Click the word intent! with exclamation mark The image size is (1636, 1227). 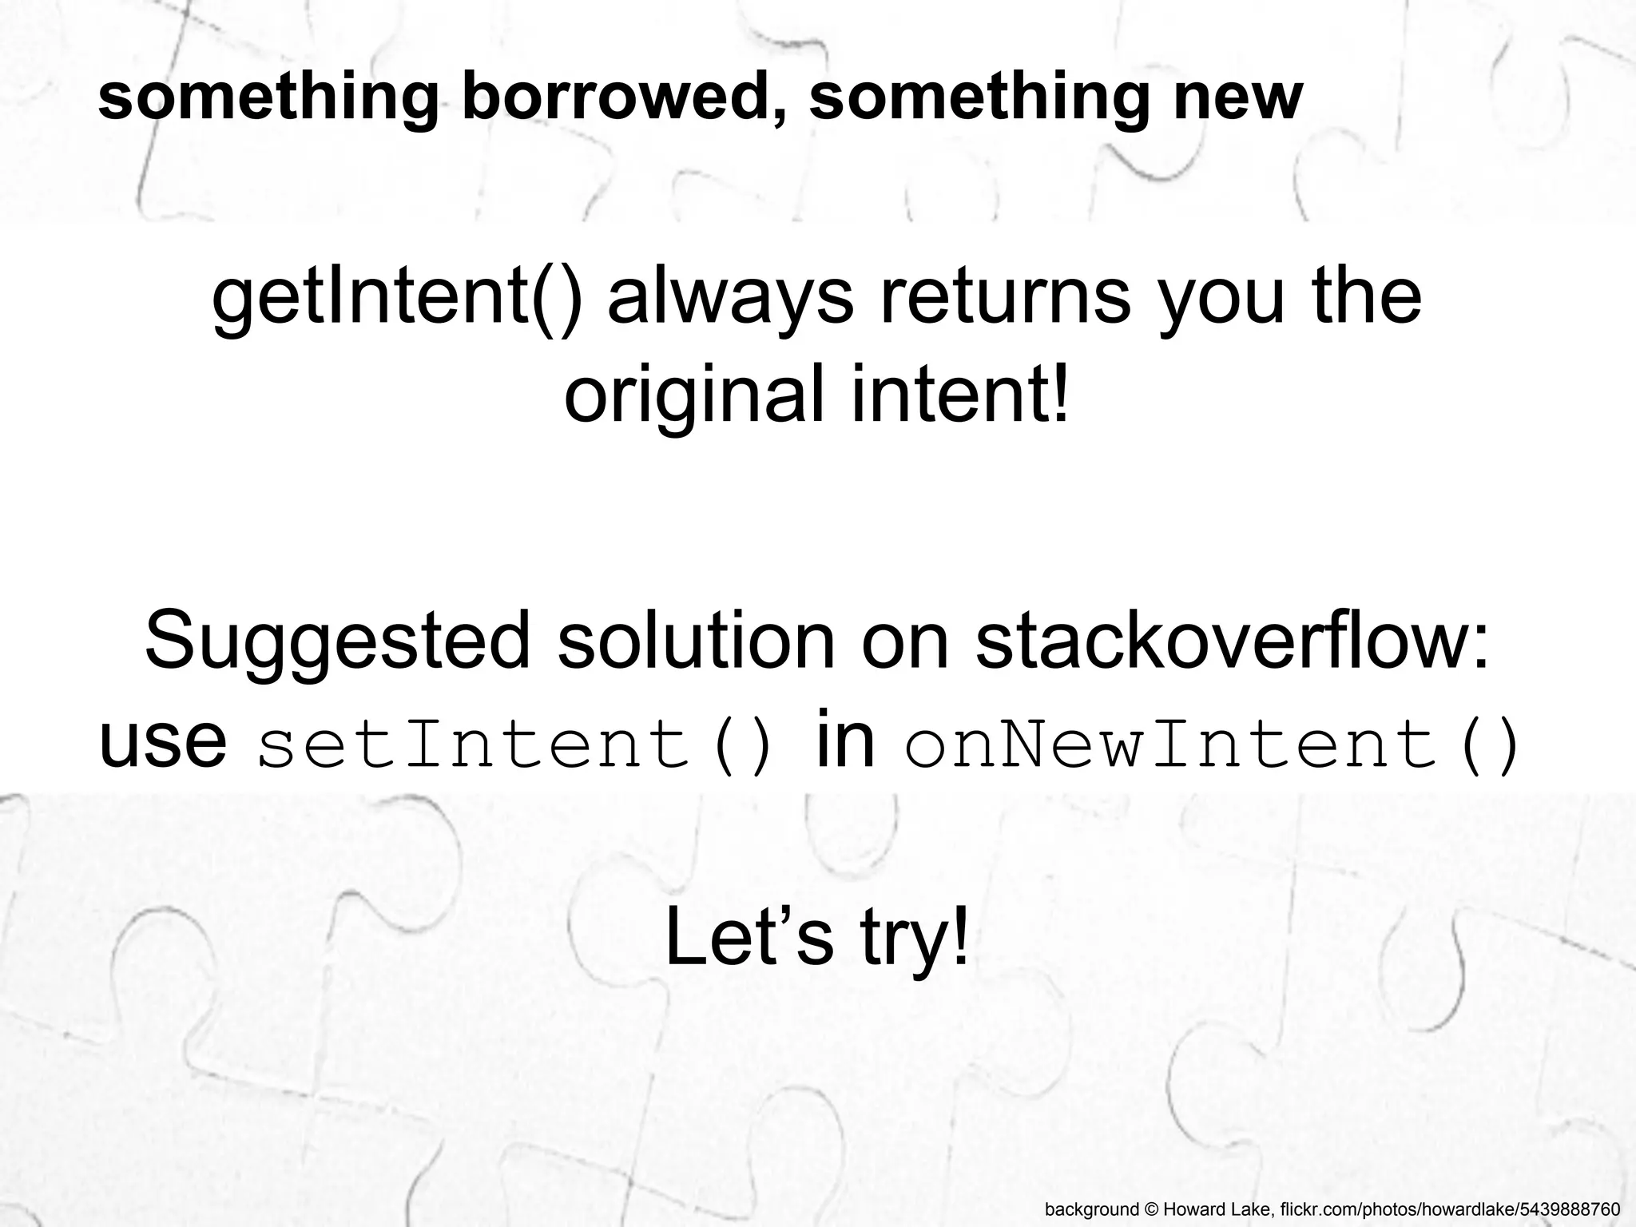click(959, 395)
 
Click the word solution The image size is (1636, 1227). click(694, 640)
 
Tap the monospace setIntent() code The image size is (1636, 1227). click(516, 744)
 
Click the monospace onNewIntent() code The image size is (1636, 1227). click(1211, 744)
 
